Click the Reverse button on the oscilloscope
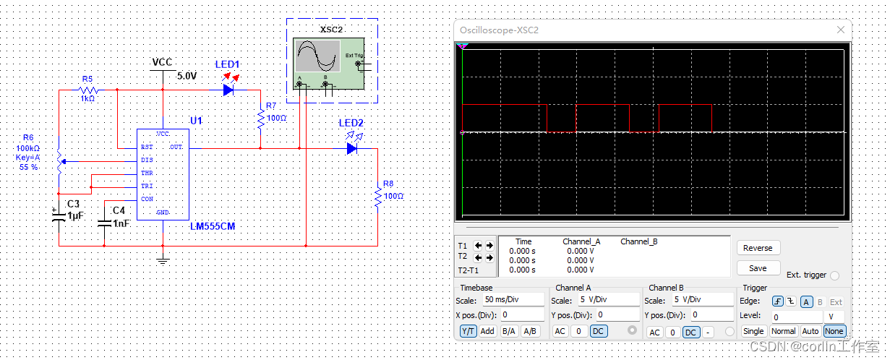point(758,248)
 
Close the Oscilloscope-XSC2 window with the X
point(840,30)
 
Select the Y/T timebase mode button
point(468,331)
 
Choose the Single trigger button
point(753,331)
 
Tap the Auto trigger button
point(810,331)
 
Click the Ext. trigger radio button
point(835,275)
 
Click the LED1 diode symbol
point(228,90)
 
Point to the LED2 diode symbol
point(352,148)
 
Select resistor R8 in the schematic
point(377,196)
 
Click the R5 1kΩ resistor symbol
point(87,90)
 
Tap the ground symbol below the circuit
point(163,259)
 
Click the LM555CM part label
point(212,227)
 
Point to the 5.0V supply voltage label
point(187,76)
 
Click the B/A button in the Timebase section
point(509,331)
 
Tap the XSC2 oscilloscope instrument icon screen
point(317,56)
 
